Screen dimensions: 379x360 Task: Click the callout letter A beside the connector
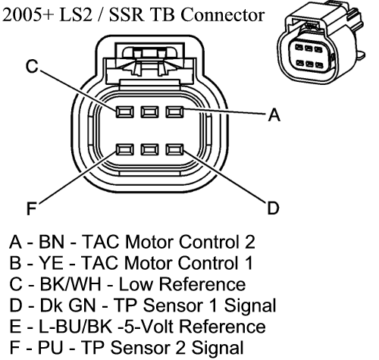[274, 114]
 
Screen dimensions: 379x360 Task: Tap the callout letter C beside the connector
[32, 66]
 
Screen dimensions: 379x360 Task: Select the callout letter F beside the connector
[32, 208]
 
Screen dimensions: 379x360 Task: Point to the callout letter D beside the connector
[273, 208]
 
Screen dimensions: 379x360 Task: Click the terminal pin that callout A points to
[174, 111]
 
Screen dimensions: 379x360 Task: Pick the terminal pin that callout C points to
[125, 111]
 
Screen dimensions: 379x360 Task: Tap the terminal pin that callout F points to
[125, 149]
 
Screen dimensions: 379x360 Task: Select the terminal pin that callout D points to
[174, 149]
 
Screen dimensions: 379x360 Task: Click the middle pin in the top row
[150, 111]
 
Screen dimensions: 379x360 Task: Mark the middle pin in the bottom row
[150, 149]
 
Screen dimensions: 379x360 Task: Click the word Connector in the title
[222, 14]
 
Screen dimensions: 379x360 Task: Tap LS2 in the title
[75, 14]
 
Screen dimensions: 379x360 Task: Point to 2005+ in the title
[28, 14]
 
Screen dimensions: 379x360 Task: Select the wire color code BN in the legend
[52, 242]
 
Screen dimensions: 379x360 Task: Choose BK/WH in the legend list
[70, 284]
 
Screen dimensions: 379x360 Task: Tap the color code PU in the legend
[50, 347]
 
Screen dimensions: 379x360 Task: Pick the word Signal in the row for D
[250, 305]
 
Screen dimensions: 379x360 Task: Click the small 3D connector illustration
[321, 42]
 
